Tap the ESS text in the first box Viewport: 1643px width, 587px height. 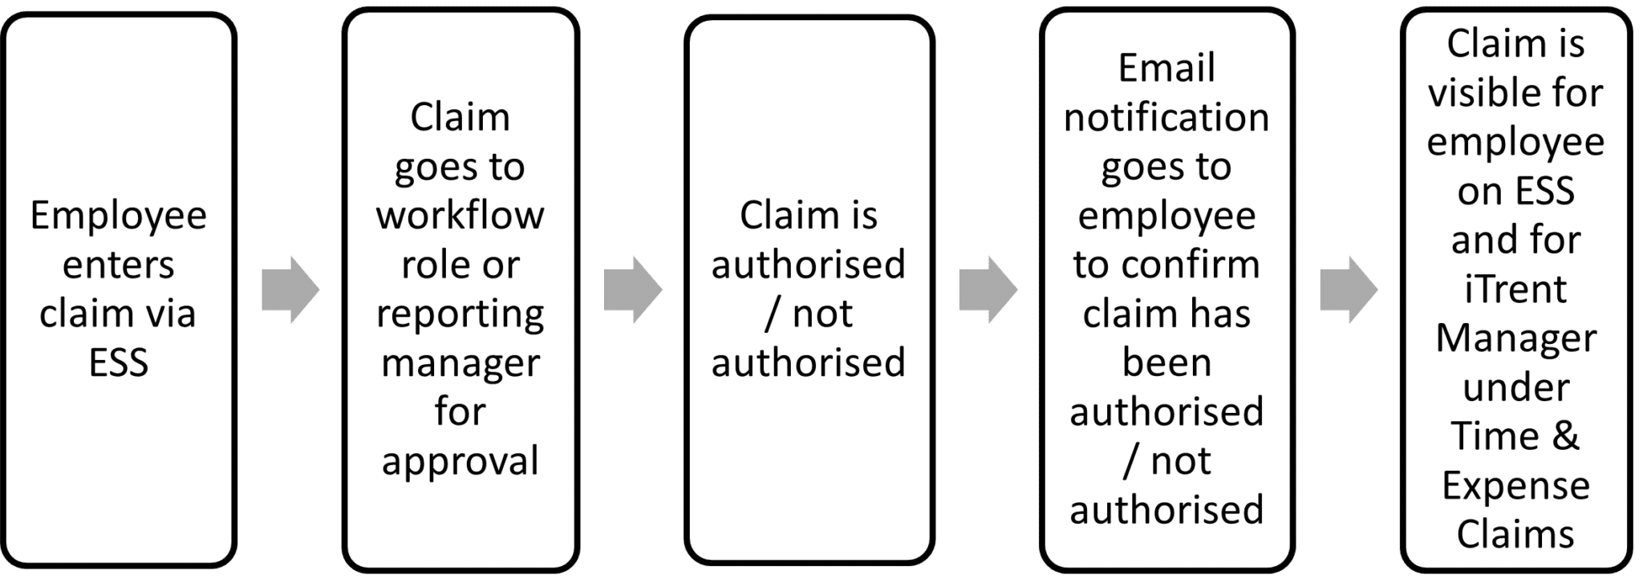pos(118,362)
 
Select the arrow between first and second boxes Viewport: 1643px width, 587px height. pos(290,289)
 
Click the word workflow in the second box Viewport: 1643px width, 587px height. pos(460,215)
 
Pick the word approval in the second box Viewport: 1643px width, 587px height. pos(460,462)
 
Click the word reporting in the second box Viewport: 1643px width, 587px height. pos(460,314)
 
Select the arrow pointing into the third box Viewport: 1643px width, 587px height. pos(633,289)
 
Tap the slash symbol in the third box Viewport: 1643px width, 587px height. pos(773,314)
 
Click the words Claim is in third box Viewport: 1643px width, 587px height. pos(808,215)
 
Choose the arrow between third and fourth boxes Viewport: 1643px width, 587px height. pos(988,289)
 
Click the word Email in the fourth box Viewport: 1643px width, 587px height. pos(1166,68)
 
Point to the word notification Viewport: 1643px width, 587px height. pos(1166,117)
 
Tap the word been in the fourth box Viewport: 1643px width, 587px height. pos(1166,362)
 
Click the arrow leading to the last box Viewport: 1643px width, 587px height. pos(1349,289)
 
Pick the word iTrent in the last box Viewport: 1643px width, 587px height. pos(1515,289)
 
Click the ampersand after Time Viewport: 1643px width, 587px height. pos(1564,436)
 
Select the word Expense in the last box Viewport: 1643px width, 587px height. pos(1515,486)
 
